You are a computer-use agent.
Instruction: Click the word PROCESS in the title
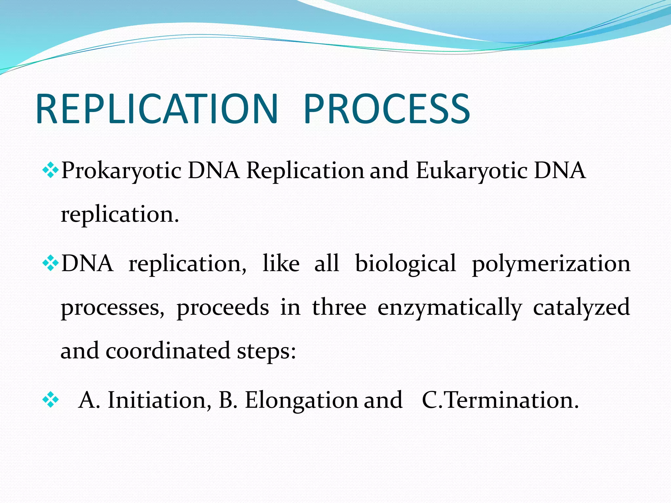387,109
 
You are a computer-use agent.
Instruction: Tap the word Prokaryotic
121,171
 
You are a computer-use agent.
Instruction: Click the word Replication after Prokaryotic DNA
305,171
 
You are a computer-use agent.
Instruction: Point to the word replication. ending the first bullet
120,215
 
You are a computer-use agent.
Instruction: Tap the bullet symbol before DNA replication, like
50,263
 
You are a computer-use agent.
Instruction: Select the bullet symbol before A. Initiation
50,400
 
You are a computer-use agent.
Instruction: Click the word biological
405,264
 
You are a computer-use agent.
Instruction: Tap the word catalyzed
581,308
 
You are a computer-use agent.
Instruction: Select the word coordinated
168,351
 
